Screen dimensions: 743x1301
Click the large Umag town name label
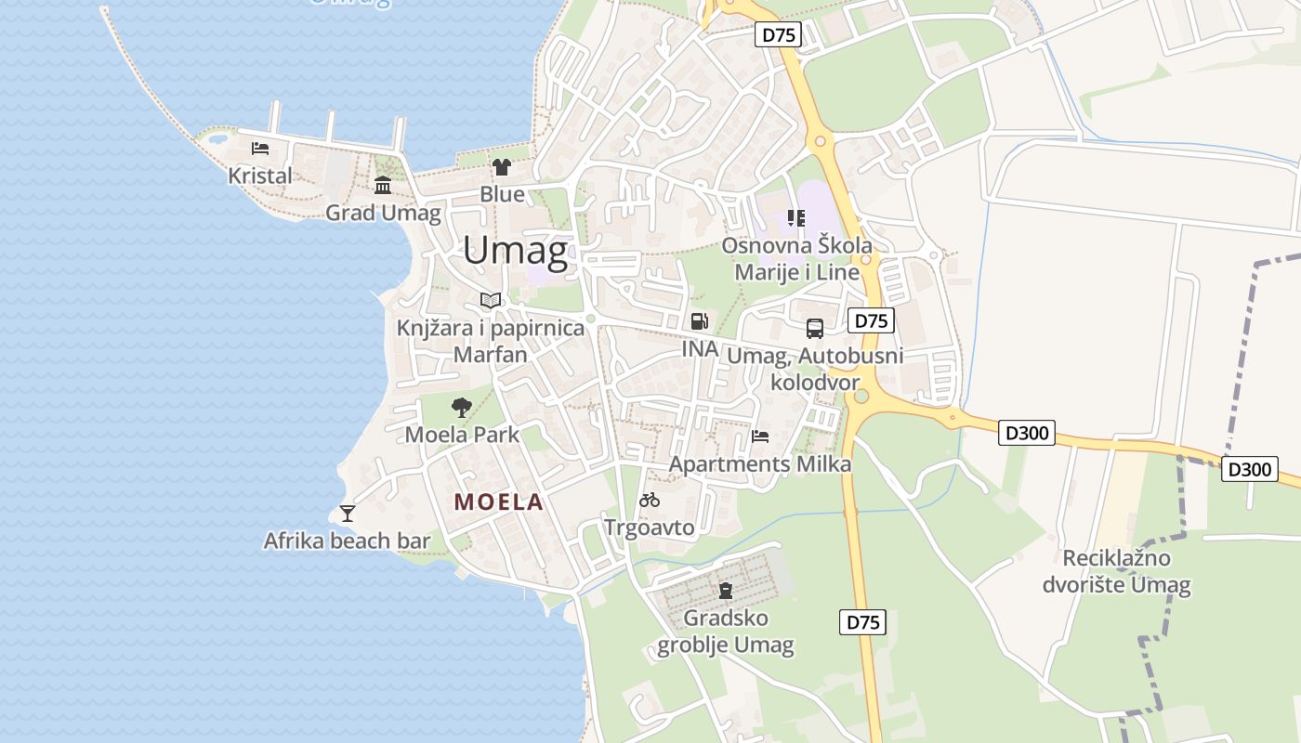point(515,251)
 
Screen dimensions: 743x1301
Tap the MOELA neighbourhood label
point(498,502)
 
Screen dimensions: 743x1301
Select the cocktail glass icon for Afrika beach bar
point(348,513)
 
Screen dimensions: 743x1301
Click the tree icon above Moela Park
point(461,407)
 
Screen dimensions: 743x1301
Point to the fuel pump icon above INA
point(699,321)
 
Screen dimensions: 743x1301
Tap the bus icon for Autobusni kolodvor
point(815,328)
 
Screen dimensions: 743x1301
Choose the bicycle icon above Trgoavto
point(650,500)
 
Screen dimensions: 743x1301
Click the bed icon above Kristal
point(260,148)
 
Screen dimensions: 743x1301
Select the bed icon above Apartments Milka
point(760,436)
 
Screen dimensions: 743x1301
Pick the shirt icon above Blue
point(502,167)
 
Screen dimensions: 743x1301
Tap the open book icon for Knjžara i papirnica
point(491,300)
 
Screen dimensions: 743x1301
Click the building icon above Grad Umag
point(383,185)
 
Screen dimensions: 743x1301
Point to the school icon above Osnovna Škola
point(796,218)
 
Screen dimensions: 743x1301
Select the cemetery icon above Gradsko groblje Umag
point(726,590)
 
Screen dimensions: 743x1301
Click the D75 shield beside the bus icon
point(871,321)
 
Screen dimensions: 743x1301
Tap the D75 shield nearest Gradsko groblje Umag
point(862,622)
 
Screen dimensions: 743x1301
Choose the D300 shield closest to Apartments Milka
point(1027,433)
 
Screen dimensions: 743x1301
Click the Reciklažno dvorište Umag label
point(1116,571)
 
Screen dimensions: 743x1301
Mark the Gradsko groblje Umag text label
point(726,632)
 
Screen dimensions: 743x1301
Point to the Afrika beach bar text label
point(347,541)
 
